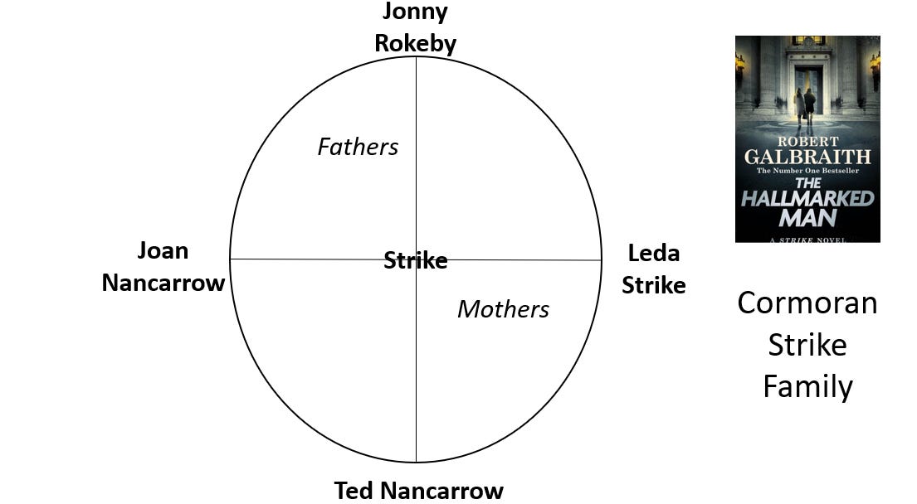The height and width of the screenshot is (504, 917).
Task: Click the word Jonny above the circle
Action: click(415, 12)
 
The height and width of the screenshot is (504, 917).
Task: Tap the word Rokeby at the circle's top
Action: click(415, 43)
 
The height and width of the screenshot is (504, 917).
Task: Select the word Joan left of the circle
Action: click(163, 250)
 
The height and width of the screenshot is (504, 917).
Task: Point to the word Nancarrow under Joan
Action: click(163, 283)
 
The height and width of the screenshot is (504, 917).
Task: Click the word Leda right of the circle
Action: click(654, 254)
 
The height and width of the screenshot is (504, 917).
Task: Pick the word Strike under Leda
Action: click(653, 286)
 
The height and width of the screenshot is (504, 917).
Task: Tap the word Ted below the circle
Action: click(354, 491)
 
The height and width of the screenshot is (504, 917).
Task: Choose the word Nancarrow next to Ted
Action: click(442, 491)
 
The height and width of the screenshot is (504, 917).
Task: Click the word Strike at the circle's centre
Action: click(415, 260)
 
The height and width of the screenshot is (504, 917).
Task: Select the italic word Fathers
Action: click(358, 147)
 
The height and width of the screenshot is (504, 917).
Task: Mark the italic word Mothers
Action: click(504, 309)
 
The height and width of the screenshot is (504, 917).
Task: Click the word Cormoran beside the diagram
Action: click(807, 303)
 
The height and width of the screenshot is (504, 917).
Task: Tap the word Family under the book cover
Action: click(807, 386)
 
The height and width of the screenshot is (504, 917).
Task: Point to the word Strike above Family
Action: click(807, 345)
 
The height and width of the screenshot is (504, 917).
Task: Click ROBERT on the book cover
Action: click(807, 142)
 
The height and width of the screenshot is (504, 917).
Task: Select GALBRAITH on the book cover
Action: click(807, 157)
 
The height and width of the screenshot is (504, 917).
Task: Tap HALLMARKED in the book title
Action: click(807, 199)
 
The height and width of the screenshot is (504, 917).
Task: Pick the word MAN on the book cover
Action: click(807, 218)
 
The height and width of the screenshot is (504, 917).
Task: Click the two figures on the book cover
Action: click(804, 105)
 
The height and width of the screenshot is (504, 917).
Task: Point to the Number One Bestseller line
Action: click(807, 171)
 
